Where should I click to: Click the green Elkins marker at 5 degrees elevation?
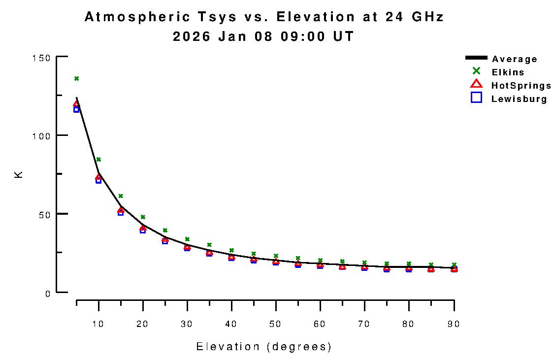coord(76,78)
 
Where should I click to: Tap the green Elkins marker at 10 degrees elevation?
coord(98,159)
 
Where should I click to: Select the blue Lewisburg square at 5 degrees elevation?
coord(76,109)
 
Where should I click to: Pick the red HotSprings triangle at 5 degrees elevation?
coord(76,104)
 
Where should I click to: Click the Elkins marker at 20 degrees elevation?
coord(143,217)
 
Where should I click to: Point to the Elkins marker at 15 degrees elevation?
coord(121,196)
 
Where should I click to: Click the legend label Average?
coord(515,59)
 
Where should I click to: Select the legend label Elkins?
coord(508,72)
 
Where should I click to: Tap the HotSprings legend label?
coord(521,86)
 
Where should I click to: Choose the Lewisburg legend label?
coord(519,99)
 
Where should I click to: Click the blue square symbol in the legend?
coord(476,98)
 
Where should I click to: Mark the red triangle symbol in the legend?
coord(476,84)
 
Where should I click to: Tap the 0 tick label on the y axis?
coord(48,293)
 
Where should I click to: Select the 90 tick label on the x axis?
coord(454,324)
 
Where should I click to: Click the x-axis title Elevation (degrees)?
coord(264,347)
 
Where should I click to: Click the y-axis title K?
coord(19,174)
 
